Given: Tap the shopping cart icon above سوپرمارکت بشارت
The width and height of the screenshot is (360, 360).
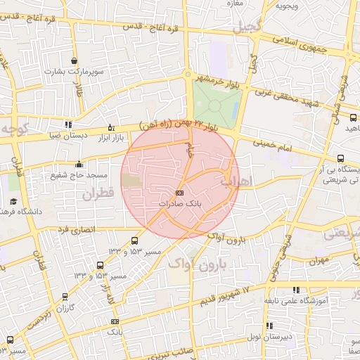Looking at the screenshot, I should [x=75, y=61].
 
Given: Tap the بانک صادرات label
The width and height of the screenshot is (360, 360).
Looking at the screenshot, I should [x=179, y=203].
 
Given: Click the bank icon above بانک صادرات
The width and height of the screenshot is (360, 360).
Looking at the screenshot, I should [x=179, y=193].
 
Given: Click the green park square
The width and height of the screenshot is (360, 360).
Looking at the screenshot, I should [x=216, y=104].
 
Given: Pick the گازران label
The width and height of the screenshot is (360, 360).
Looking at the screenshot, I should [x=65, y=307].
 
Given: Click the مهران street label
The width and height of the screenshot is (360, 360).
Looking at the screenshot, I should [x=318, y=259].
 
